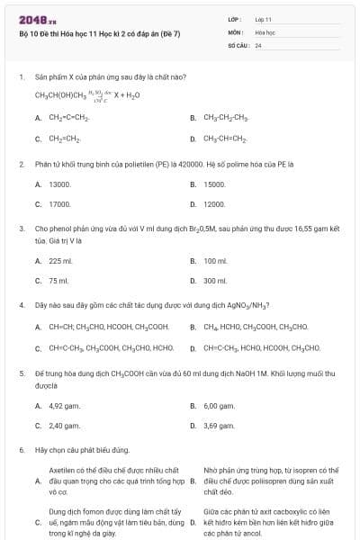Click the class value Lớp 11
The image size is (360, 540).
point(263,19)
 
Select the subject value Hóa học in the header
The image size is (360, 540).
point(264,31)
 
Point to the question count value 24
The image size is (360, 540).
point(258,44)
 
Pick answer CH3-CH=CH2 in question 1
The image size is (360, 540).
point(225,139)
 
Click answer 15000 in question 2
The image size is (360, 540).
point(214,184)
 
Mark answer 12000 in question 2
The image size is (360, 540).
point(214,204)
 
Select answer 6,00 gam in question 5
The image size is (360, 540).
point(219,405)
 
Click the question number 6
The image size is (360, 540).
point(21,449)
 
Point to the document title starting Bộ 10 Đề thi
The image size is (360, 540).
point(99,34)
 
